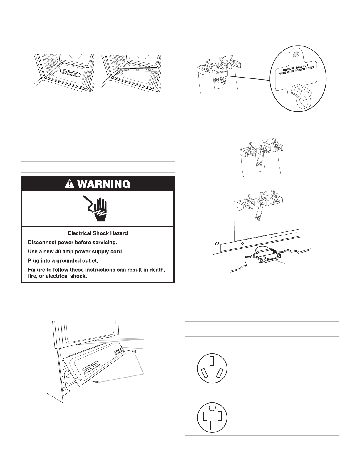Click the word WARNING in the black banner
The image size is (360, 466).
[x=101, y=184]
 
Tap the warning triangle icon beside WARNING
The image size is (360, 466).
[x=68, y=184]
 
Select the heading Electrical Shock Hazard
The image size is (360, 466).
[x=98, y=233]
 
